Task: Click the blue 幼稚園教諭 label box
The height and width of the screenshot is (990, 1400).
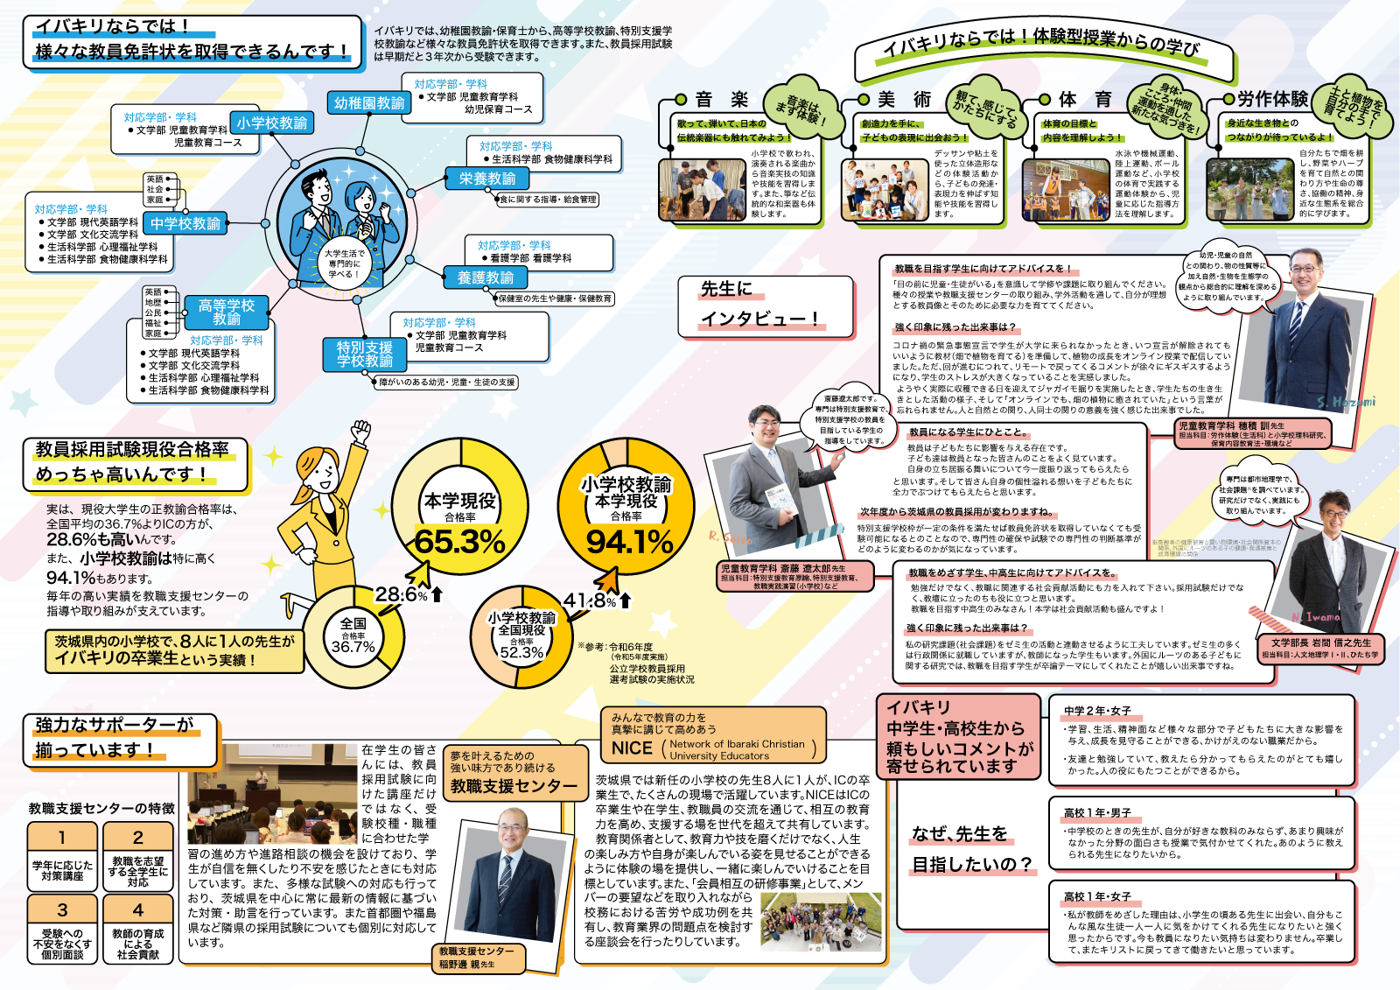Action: pyautogui.click(x=368, y=103)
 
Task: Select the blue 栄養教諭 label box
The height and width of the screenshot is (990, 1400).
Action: pyautogui.click(x=487, y=179)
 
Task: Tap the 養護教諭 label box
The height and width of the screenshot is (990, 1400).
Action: pyautogui.click(x=486, y=277)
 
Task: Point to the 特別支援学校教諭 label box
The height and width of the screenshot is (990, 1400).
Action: pyautogui.click(x=365, y=354)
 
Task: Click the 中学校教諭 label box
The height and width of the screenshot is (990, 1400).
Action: pyautogui.click(x=185, y=224)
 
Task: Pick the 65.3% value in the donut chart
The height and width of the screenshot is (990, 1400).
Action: pyautogui.click(x=459, y=542)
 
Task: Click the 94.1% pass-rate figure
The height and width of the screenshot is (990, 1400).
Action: pyautogui.click(x=629, y=542)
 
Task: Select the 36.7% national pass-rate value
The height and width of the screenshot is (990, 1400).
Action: pyautogui.click(x=353, y=647)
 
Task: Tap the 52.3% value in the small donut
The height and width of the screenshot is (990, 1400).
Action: pyautogui.click(x=521, y=652)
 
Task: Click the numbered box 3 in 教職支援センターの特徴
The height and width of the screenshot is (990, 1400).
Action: pyautogui.click(x=62, y=910)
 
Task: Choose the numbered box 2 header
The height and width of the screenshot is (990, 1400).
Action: pyautogui.click(x=137, y=838)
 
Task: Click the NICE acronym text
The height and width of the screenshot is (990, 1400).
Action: pyautogui.click(x=632, y=748)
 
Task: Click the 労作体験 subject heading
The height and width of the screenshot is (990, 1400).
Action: pyautogui.click(x=1272, y=99)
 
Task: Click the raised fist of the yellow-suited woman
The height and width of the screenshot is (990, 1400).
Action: pyautogui.click(x=360, y=431)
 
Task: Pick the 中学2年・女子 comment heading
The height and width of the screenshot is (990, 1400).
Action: pyautogui.click(x=1097, y=711)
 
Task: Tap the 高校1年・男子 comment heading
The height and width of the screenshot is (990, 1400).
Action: pyautogui.click(x=1097, y=813)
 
